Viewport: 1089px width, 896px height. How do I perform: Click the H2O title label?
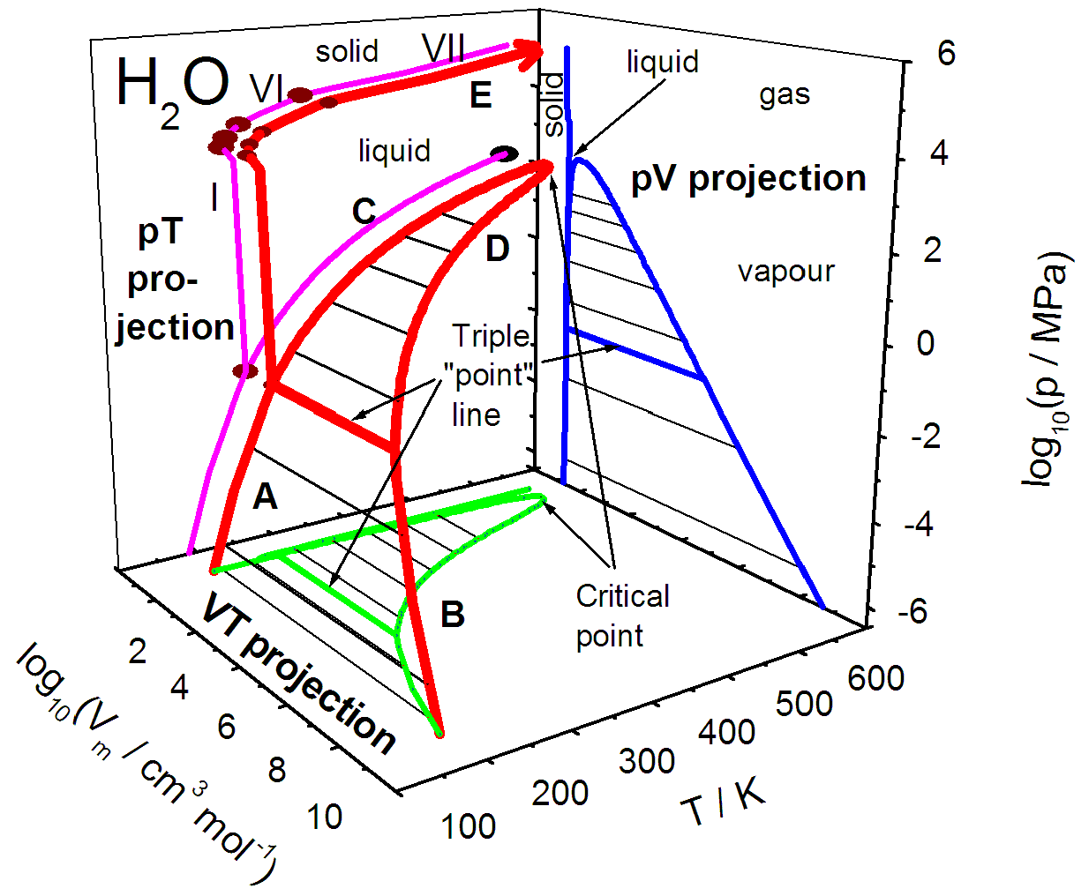[172, 88]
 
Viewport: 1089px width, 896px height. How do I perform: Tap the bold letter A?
[265, 497]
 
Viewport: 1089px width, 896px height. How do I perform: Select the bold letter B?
[453, 614]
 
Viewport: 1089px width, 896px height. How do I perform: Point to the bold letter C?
[364, 212]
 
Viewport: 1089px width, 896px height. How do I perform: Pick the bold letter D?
[498, 250]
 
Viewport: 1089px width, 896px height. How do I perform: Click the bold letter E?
[480, 95]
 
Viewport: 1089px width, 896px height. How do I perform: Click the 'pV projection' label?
[748, 179]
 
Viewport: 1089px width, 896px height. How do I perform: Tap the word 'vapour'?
[785, 272]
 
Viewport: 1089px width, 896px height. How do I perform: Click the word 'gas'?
[785, 94]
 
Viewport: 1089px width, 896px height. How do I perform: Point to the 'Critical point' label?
[621, 616]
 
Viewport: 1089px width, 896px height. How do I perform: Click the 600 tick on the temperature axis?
[875, 678]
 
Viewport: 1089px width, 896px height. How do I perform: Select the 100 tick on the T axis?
[468, 826]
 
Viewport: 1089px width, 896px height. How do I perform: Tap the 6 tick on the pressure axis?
[946, 54]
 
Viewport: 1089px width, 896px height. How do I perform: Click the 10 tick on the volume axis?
[325, 817]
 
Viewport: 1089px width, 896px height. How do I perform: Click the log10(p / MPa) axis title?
[1048, 370]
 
